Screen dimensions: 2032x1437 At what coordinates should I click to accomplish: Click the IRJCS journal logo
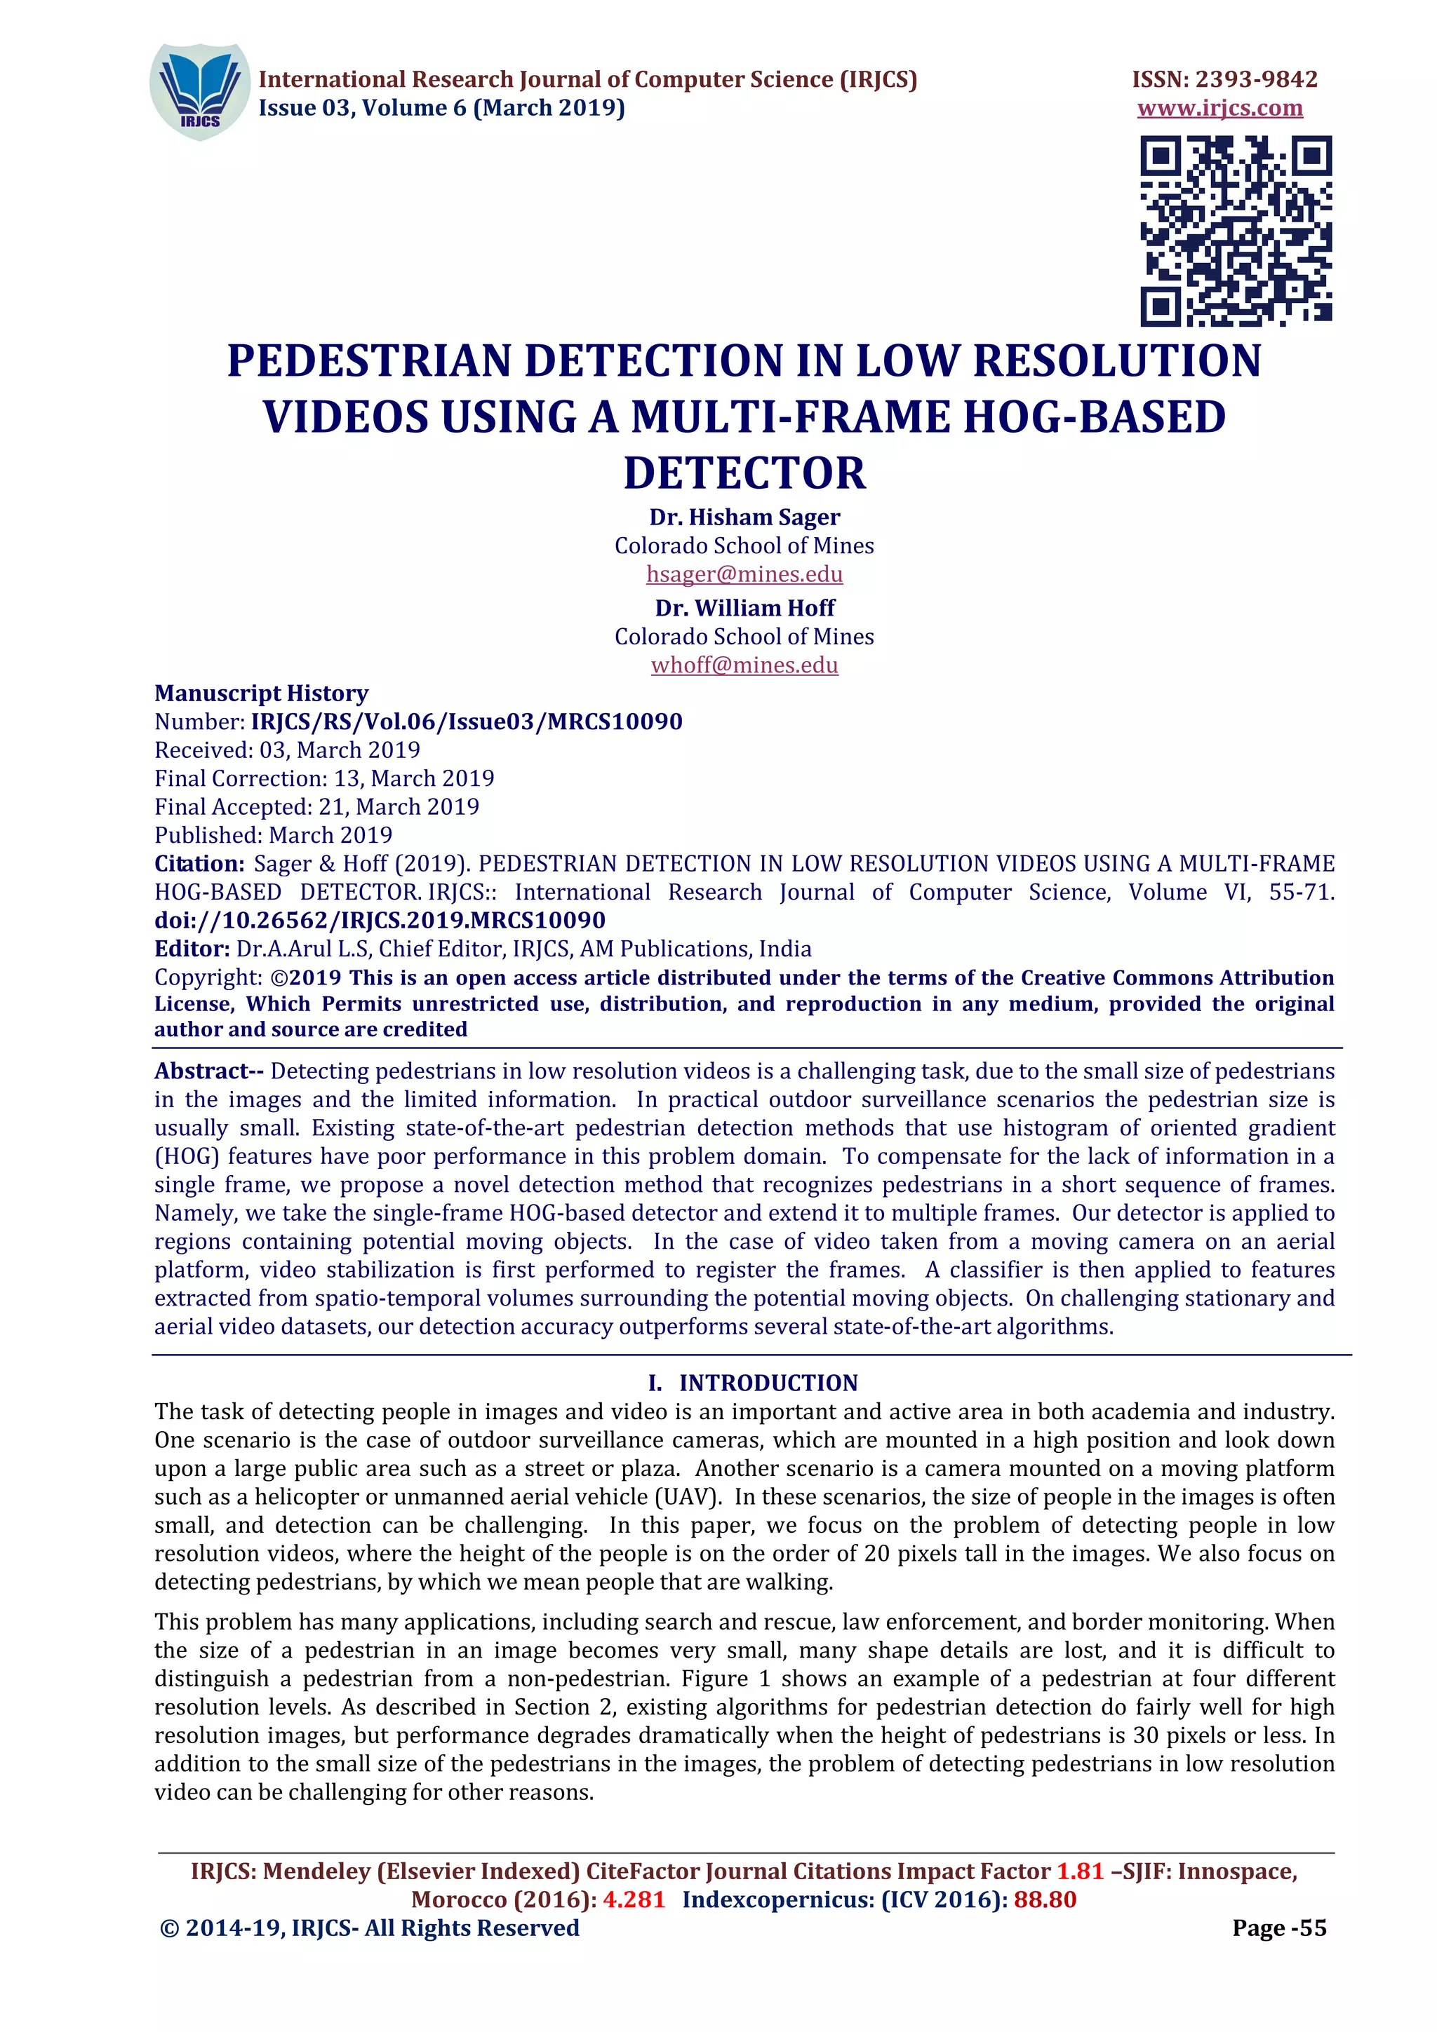click(x=199, y=91)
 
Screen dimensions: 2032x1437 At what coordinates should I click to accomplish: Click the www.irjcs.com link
click(x=1219, y=108)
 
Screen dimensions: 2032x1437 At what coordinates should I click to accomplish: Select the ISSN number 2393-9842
click(x=1255, y=80)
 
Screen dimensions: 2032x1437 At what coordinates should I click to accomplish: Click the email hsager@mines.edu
click(x=744, y=574)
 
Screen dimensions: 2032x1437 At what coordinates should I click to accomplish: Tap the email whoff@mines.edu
click(x=744, y=665)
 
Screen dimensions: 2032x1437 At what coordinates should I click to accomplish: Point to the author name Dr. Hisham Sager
click(x=744, y=517)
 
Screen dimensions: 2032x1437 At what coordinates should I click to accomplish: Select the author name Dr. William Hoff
click(x=744, y=608)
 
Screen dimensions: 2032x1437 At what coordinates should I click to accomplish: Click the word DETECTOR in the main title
click(x=744, y=473)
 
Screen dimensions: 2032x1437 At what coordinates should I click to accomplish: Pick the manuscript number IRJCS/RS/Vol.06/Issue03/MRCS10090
click(x=467, y=722)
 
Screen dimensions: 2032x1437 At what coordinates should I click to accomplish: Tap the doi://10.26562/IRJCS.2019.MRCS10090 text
click(x=380, y=921)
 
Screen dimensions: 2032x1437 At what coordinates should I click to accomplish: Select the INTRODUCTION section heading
click(x=768, y=1383)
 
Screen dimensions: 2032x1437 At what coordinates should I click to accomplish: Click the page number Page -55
click(x=1278, y=1928)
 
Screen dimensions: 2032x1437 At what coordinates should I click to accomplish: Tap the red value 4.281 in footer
click(x=633, y=1899)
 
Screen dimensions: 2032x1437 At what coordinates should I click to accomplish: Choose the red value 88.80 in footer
click(x=1045, y=1899)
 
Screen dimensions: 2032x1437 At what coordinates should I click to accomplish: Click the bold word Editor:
click(x=192, y=949)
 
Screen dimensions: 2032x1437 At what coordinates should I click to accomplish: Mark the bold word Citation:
click(x=199, y=864)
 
